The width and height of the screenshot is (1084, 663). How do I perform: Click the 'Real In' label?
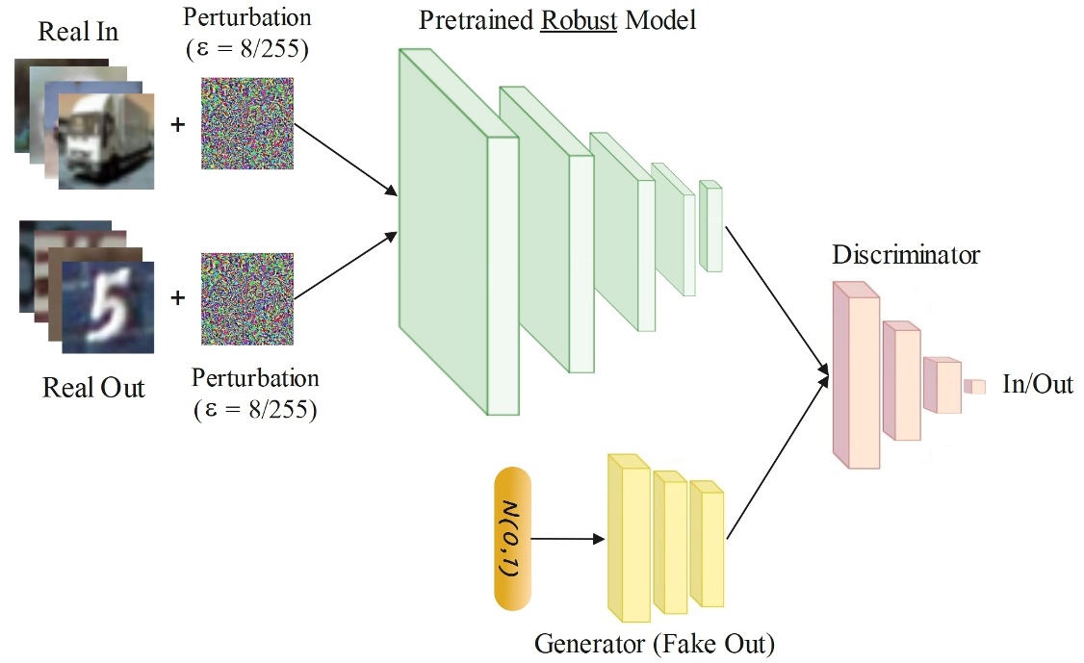point(78,32)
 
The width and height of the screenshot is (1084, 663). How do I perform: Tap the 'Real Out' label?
point(93,388)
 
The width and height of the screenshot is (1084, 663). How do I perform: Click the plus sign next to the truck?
point(177,124)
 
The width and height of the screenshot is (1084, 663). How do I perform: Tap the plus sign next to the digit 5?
point(177,299)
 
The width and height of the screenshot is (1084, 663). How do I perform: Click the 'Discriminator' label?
point(906,255)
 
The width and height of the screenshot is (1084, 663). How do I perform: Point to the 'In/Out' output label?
point(1038,386)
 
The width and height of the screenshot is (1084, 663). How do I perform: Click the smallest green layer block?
point(710,225)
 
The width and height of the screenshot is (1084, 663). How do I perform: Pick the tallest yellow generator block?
point(630,539)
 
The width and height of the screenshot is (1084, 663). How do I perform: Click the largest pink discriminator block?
point(854,375)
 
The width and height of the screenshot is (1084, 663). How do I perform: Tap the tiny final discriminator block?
point(976,386)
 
